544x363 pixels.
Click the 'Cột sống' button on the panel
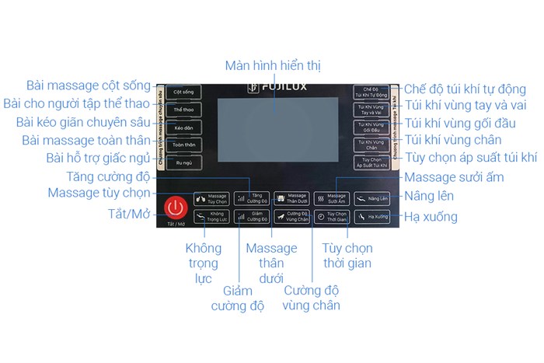[183, 92]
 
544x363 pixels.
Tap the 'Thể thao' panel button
[183, 110]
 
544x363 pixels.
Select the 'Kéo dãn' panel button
[183, 127]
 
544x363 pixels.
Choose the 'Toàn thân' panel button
[183, 145]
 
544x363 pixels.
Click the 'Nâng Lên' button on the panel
[371, 199]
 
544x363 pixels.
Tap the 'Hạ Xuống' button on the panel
[371, 218]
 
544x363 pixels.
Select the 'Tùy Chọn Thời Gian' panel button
[332, 218]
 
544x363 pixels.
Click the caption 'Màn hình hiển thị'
[272, 65]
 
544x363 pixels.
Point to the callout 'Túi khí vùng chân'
[453, 140]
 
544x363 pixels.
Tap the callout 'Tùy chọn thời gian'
[347, 256]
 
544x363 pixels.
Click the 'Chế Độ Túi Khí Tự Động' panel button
[371, 92]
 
